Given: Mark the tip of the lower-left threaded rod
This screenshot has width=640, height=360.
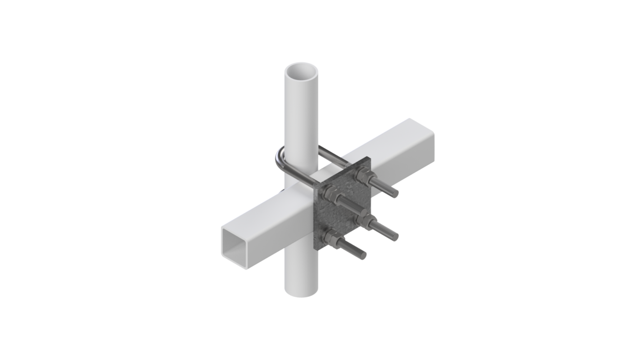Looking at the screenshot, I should coord(363,255).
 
